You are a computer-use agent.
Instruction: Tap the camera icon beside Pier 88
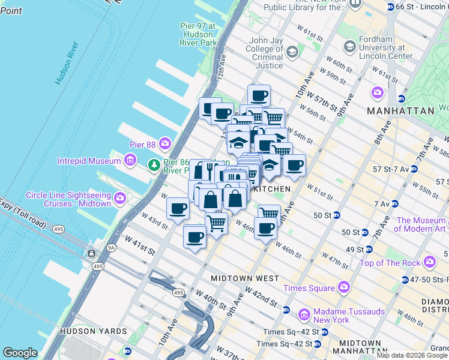point(164,145)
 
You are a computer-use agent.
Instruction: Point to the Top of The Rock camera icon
point(429,262)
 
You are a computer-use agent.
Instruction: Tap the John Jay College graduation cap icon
point(292,52)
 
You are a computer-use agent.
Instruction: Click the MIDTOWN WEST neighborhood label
point(244,278)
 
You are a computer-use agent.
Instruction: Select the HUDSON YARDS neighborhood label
point(93,331)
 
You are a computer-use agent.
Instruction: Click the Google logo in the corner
point(20,353)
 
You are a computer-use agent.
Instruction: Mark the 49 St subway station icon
point(369,249)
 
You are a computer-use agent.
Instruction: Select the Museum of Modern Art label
point(421,224)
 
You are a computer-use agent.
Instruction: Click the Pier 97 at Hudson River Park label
point(198,34)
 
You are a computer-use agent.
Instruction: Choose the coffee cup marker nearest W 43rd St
point(178,209)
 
